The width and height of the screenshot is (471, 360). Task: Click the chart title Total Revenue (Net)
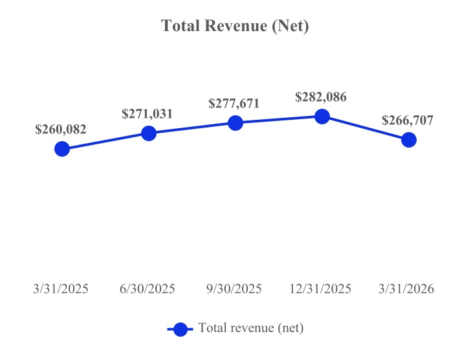[x=235, y=27]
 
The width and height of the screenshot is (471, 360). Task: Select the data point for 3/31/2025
[x=61, y=149]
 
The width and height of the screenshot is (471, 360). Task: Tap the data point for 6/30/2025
[x=148, y=133]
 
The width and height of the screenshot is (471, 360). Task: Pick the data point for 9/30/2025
[x=235, y=123]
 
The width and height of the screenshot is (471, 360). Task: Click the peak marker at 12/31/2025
[x=322, y=117]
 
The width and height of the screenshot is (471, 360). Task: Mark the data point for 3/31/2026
[x=408, y=140]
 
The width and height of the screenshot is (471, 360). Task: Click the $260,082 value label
[x=61, y=129]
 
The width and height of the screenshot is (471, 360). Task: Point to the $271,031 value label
[x=148, y=114]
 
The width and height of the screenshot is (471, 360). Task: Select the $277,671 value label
[x=234, y=104]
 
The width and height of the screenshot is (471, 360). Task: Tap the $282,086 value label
[x=321, y=97]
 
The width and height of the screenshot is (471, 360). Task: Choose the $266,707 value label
[x=408, y=120]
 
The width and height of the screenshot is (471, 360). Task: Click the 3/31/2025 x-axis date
[x=61, y=289]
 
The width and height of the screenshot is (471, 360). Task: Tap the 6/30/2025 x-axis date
[x=148, y=289]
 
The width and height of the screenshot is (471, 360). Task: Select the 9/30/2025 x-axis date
[x=234, y=289]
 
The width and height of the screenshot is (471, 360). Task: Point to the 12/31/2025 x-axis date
[x=321, y=289]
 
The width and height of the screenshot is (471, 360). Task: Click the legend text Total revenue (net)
[x=251, y=328]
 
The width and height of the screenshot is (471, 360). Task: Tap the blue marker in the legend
[x=181, y=329]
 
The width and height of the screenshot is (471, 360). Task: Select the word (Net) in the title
[x=290, y=27]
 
